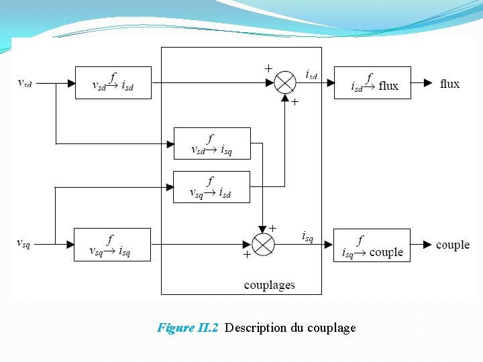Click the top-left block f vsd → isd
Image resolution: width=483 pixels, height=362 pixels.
point(113,82)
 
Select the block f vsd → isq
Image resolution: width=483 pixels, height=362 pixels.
point(212,143)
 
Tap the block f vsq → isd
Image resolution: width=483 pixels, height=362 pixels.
point(211,186)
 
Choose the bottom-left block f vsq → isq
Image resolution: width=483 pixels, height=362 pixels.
point(111,245)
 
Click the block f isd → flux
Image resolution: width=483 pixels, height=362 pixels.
point(372,82)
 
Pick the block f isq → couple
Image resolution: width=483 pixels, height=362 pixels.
point(372,245)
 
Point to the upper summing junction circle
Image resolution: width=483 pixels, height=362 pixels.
point(285,83)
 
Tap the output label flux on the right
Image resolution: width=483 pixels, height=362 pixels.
point(449,84)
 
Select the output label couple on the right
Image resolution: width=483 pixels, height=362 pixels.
point(453,245)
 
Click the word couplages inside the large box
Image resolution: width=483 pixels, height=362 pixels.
point(269,285)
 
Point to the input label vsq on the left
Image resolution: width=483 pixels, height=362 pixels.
point(23,243)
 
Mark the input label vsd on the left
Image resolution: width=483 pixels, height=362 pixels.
point(25,83)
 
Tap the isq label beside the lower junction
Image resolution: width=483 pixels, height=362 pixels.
point(307,236)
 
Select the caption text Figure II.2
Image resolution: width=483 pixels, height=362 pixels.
point(187,328)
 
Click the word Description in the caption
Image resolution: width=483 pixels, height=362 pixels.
point(256,328)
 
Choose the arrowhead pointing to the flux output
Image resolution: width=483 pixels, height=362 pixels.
point(428,83)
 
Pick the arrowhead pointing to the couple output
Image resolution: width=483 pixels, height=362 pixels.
point(427,245)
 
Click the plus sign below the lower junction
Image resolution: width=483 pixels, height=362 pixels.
point(246,255)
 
